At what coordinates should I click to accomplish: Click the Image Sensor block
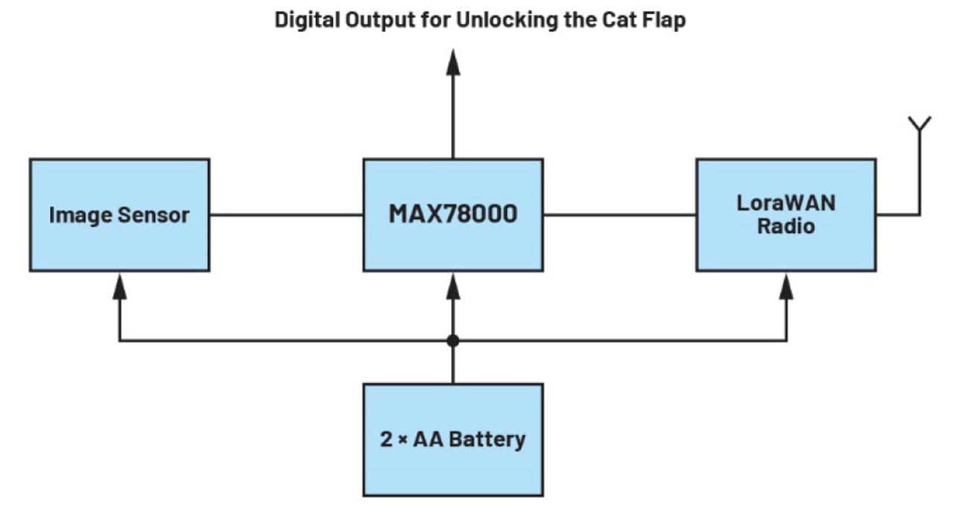[x=119, y=215]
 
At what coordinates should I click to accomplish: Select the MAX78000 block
[x=452, y=215]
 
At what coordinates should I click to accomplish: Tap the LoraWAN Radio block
[x=786, y=215]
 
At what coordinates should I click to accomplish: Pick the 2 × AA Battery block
[x=452, y=439]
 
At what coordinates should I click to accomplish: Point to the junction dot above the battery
[x=452, y=341]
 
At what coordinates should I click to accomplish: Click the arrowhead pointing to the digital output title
[x=452, y=63]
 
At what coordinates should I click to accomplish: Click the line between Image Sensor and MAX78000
[x=286, y=215]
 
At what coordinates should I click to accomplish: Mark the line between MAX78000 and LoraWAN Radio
[x=619, y=215]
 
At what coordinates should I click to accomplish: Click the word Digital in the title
[x=305, y=20]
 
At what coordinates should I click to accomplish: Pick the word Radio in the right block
[x=786, y=226]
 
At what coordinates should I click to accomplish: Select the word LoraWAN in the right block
[x=786, y=204]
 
